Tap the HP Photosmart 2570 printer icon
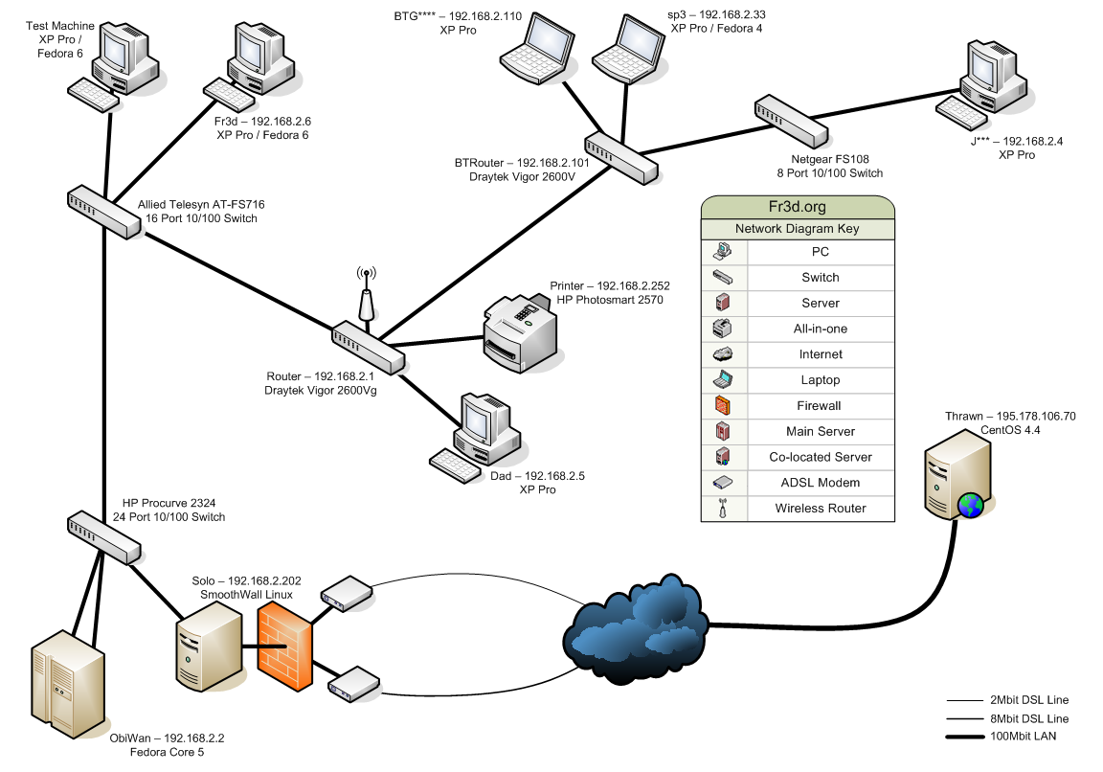coord(520,332)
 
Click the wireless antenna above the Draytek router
coord(365,298)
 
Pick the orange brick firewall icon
coord(284,654)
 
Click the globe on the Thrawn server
coord(971,505)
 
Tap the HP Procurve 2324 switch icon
coord(103,537)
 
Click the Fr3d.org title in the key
coord(798,206)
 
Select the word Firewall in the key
coord(820,406)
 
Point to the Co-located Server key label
coord(821,457)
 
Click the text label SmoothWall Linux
coord(246,595)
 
